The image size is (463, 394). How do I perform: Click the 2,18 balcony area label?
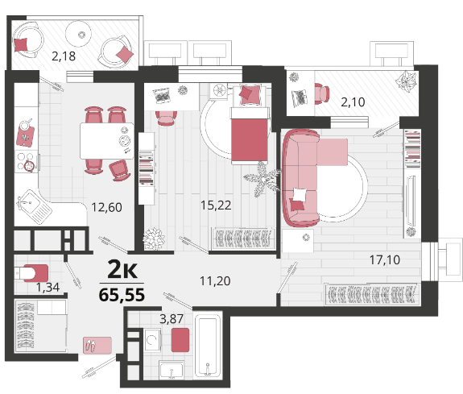click(64, 56)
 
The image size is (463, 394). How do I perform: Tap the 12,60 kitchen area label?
click(106, 207)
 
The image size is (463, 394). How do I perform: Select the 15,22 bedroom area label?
click(216, 205)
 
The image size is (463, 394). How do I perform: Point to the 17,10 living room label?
click(385, 259)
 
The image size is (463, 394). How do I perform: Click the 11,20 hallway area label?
click(215, 280)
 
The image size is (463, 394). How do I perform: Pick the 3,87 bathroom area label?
click(172, 319)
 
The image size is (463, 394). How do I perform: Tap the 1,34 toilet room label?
click(48, 287)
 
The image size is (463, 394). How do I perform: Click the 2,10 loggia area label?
click(353, 102)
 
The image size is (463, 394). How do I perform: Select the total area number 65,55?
click(122, 295)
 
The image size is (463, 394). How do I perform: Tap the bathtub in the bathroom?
click(208, 346)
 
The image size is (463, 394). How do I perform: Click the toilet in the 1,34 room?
click(31, 273)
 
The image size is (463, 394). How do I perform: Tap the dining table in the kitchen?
click(107, 141)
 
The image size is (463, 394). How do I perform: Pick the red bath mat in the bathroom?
click(180, 340)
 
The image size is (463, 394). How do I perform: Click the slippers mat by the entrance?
click(97, 345)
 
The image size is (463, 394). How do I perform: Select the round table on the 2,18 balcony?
click(79, 33)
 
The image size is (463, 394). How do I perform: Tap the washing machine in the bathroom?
click(153, 340)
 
